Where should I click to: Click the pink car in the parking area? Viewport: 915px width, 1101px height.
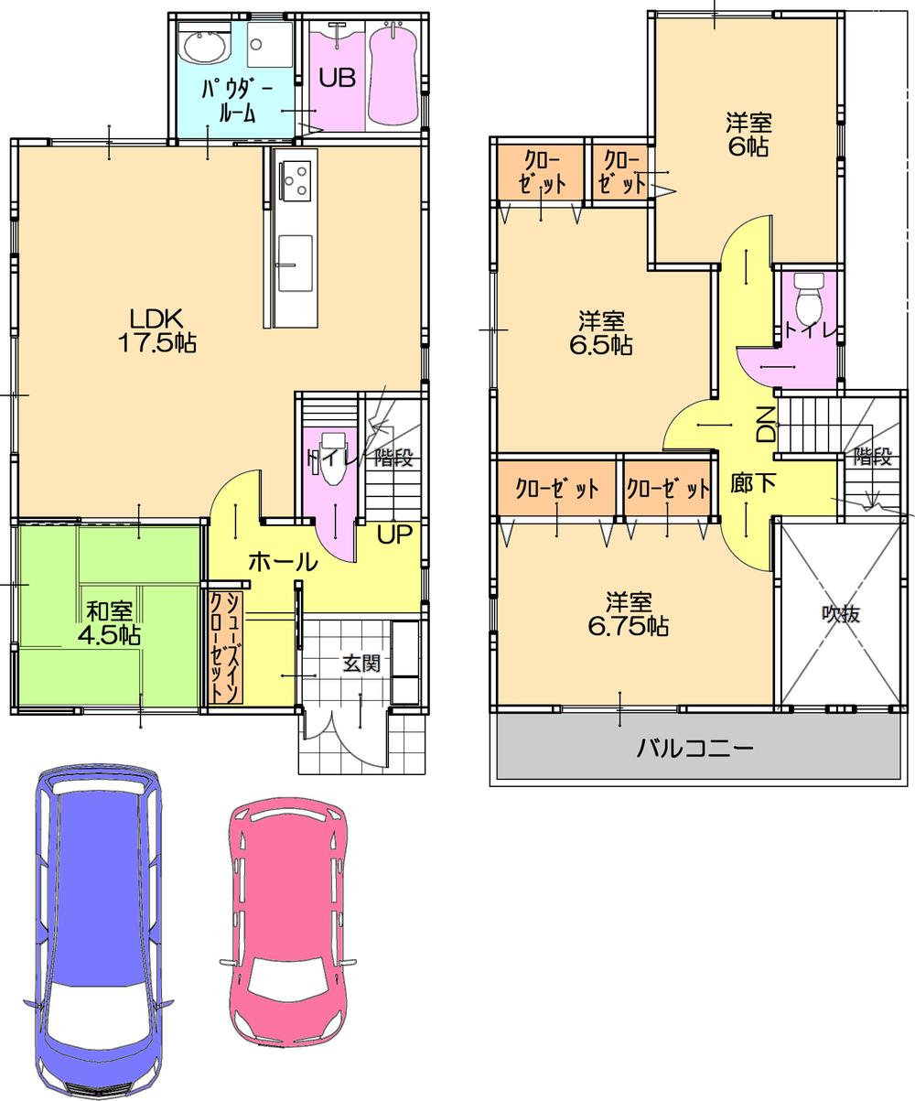click(285, 924)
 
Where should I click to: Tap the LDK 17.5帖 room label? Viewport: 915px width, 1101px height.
click(157, 330)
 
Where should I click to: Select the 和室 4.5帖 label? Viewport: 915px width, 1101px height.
click(109, 621)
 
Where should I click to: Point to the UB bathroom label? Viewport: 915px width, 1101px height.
click(336, 78)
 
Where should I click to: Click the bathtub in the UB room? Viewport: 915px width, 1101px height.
click(393, 78)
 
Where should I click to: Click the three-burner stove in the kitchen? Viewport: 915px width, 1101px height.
click(296, 178)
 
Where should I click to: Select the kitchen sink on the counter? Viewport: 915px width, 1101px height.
click(295, 263)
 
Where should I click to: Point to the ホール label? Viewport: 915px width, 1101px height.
click(283, 562)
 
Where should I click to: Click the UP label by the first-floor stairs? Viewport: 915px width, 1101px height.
click(395, 534)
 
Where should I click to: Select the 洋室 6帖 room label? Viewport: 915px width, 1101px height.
click(748, 134)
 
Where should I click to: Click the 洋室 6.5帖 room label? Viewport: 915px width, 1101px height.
click(601, 333)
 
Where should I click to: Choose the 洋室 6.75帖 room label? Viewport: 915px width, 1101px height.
click(628, 614)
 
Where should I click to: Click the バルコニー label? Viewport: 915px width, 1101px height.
click(695, 749)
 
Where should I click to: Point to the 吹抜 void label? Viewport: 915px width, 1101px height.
click(840, 614)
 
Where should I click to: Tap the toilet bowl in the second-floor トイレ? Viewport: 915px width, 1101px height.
click(809, 299)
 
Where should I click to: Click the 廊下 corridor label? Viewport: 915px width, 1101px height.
click(754, 483)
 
